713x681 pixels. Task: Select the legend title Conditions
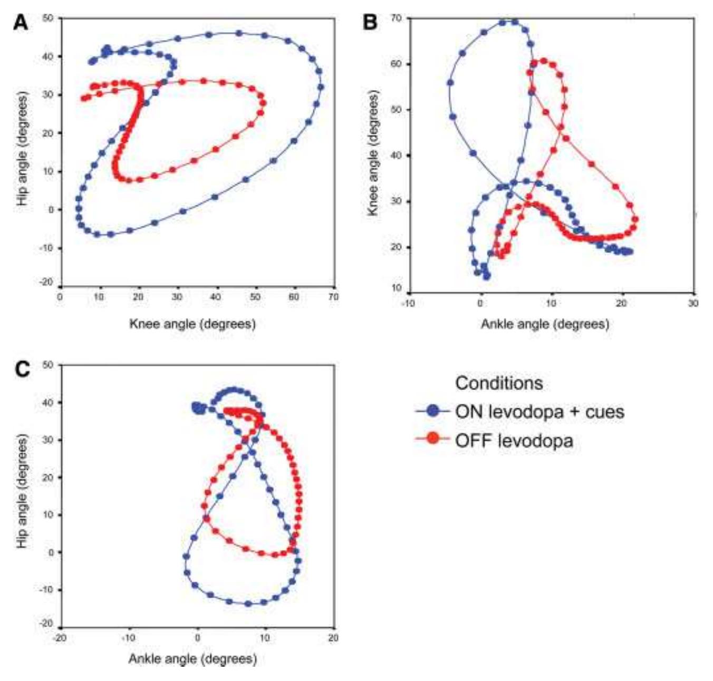point(498,383)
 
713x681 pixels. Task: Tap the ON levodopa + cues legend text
point(539,411)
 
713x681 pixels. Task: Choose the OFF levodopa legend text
point(514,440)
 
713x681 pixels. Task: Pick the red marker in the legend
point(433,438)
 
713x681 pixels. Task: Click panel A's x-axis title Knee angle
point(192,323)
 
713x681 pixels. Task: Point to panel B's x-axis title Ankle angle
point(544,324)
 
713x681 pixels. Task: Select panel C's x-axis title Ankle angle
point(192,659)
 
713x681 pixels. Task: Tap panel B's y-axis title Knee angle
point(372,153)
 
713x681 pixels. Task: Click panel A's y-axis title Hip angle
point(22,149)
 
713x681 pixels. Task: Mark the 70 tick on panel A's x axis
point(333,297)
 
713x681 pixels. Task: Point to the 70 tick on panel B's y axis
point(396,18)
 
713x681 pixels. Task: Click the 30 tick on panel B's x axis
point(693,304)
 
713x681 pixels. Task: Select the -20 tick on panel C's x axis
point(60,638)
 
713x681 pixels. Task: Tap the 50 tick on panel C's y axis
point(48,365)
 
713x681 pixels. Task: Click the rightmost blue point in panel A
point(320,87)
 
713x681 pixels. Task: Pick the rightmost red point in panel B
point(635,219)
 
